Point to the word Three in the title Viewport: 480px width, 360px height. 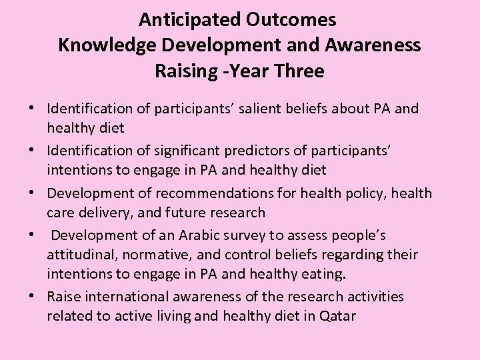pos(299,71)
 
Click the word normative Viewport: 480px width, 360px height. pos(153,255)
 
